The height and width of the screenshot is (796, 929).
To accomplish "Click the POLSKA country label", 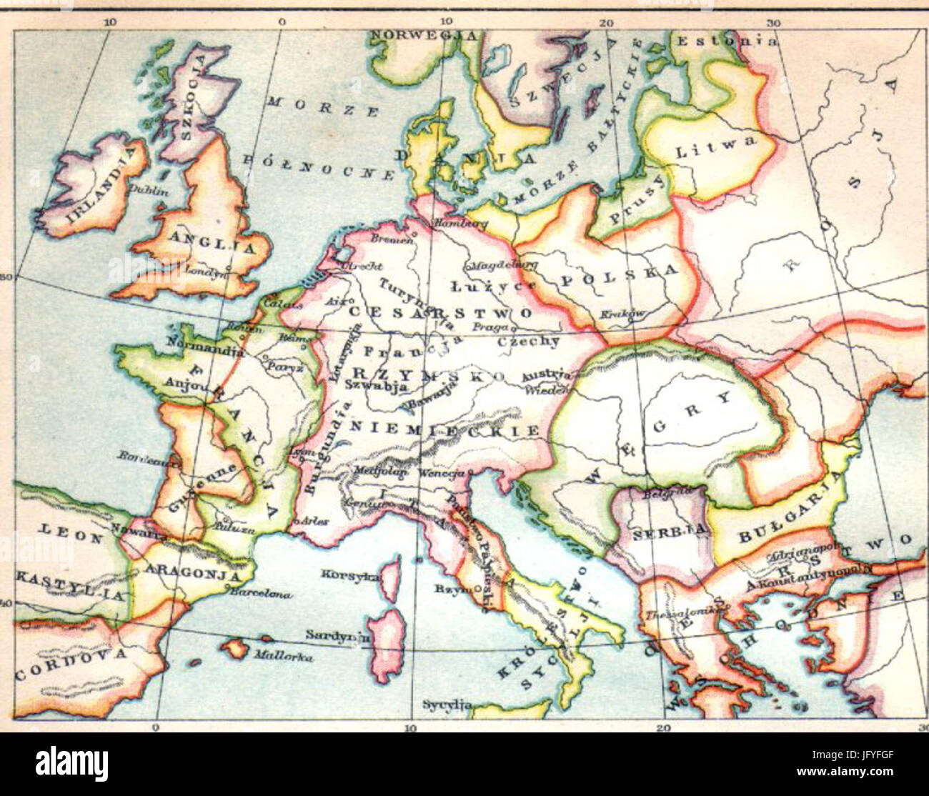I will coord(619,275).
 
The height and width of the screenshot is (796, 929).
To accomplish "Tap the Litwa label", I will coord(715,147).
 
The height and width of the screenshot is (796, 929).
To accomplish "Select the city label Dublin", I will coord(149,191).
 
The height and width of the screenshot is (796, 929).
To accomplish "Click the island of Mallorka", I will coord(234,649).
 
